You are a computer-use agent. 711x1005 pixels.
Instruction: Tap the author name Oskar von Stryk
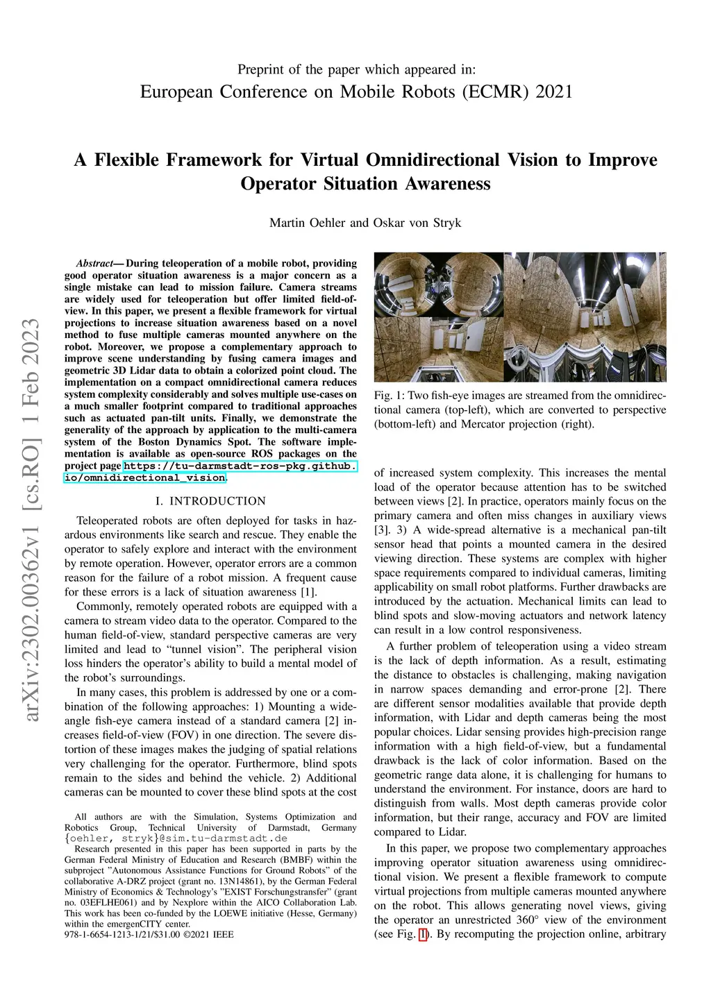click(417, 223)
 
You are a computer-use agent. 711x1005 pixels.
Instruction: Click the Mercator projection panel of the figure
click(585, 316)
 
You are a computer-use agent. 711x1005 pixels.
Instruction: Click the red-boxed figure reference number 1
click(423, 934)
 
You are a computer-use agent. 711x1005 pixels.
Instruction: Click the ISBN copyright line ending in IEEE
click(149, 934)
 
